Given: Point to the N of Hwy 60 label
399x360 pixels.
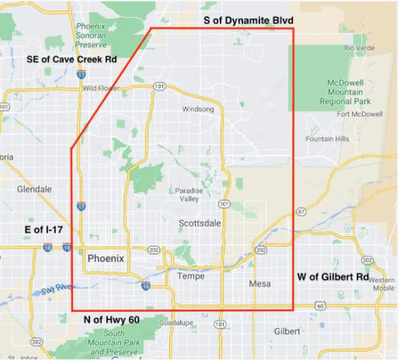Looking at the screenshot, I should pyautogui.click(x=112, y=320).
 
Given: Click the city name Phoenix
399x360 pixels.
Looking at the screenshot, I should pyautogui.click(x=105, y=259).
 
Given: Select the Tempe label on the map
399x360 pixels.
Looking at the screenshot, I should pyautogui.click(x=190, y=276).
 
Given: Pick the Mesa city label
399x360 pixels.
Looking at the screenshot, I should pyautogui.click(x=260, y=284).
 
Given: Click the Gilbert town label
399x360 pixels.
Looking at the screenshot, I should pyautogui.click(x=287, y=331).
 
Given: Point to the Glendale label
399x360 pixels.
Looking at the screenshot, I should pyautogui.click(x=35, y=190).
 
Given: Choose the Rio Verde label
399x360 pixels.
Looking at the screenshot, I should pyautogui.click(x=359, y=48).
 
